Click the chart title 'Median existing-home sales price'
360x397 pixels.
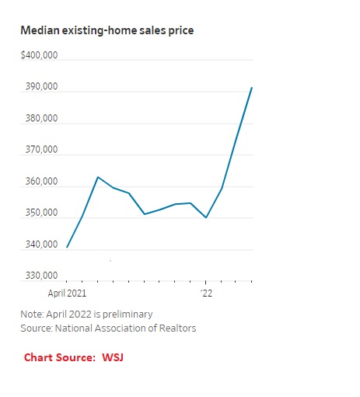tap(107, 30)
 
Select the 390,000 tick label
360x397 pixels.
tap(40, 87)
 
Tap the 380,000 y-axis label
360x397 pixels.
tap(40, 119)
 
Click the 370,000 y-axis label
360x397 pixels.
tap(40, 150)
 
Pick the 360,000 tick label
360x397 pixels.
tap(40, 182)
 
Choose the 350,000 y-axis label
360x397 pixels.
tap(40, 213)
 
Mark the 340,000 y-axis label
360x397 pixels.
tap(40, 245)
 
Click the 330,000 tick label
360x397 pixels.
tap(40, 276)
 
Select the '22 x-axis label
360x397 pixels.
tap(206, 293)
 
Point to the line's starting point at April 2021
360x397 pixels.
tap(67, 248)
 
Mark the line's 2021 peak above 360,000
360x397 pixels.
tap(98, 177)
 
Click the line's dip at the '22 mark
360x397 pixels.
tap(206, 218)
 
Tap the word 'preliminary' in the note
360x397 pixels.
tap(126, 314)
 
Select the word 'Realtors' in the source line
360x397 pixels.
tap(177, 328)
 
